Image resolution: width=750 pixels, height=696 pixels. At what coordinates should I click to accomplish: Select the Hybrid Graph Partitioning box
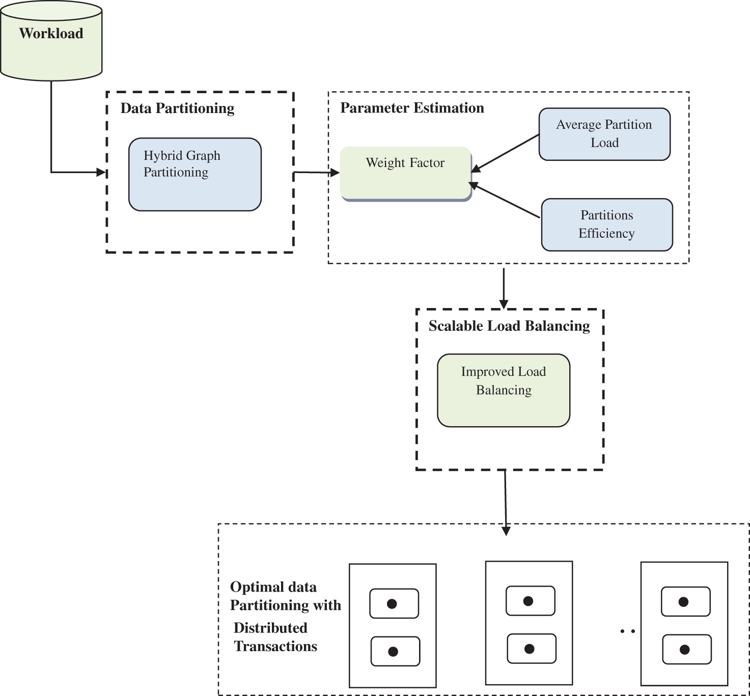[195, 174]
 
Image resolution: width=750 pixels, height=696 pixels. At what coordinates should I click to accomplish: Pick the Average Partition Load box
[604, 134]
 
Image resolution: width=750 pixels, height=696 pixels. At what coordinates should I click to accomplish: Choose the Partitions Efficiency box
[607, 225]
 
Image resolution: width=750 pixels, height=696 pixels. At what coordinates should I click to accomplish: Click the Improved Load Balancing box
[504, 390]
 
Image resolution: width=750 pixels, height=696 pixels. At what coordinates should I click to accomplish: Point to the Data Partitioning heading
[177, 108]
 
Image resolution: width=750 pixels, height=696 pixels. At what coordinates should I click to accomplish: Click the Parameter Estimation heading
[412, 108]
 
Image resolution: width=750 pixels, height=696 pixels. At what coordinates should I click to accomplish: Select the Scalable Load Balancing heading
[509, 326]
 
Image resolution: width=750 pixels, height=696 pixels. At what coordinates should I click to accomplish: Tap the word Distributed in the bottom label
[270, 628]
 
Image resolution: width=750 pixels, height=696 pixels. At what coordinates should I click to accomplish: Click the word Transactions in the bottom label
[275, 646]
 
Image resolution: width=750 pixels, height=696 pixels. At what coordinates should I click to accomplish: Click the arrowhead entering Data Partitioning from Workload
[101, 172]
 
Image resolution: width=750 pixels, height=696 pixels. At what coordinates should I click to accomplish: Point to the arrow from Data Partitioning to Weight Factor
[316, 173]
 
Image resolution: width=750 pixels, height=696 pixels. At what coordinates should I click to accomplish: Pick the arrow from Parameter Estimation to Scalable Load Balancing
[504, 288]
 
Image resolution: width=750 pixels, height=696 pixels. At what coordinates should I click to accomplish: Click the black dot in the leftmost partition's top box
[392, 604]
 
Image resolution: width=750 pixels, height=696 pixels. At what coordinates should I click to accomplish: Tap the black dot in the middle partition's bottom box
[530, 649]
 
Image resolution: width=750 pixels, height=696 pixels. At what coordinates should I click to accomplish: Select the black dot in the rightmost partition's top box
[684, 602]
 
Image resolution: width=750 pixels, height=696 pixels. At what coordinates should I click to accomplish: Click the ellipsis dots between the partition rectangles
[627, 631]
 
